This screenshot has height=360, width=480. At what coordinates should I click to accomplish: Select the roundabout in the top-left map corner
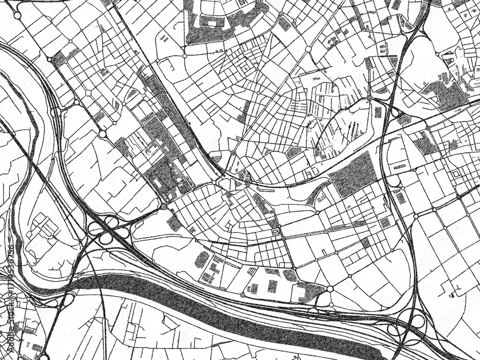click(x=18, y=15)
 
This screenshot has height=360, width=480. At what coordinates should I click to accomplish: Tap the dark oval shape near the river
click(x=202, y=259)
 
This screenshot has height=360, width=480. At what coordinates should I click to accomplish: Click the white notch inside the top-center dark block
click(x=209, y=21)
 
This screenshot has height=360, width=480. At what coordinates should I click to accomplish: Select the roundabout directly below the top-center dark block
click(x=184, y=56)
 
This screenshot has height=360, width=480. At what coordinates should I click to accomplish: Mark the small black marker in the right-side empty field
click(x=453, y=291)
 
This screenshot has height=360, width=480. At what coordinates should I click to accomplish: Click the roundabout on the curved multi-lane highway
click(x=55, y=112)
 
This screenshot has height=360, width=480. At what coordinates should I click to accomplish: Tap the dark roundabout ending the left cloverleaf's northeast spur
click(x=164, y=206)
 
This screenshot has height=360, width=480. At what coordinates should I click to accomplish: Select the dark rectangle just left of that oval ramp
click(x=378, y=112)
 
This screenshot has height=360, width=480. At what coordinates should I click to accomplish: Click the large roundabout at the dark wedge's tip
click(x=330, y=289)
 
